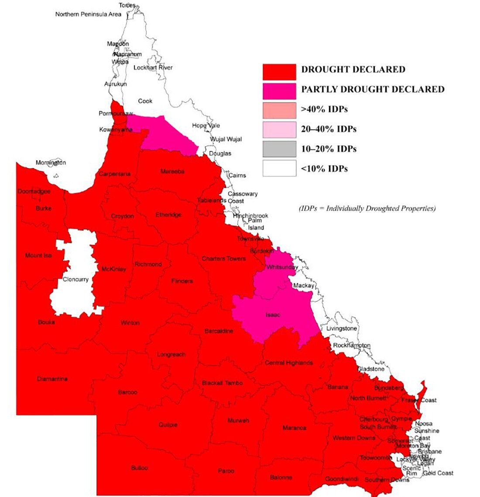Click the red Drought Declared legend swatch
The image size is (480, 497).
[279, 72]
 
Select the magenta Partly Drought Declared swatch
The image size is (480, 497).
[279, 91]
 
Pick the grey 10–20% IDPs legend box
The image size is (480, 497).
[279, 149]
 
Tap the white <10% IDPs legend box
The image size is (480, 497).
[279, 168]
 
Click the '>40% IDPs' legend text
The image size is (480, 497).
[324, 110]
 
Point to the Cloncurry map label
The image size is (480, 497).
[75, 279]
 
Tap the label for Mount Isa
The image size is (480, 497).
[38, 255]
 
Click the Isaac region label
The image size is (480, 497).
[273, 315]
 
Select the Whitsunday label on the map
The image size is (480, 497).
[282, 267]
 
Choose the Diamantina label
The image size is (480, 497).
[52, 379]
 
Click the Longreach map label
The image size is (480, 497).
[171, 355]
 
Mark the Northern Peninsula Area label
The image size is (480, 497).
[88, 14]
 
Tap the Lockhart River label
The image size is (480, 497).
[153, 68]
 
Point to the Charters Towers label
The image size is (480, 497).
[223, 259]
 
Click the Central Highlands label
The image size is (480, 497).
[289, 363]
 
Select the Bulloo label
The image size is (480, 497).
[140, 468]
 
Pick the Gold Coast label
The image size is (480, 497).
[438, 473]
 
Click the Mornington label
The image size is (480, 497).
[51, 163]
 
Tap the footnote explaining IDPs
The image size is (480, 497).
[367, 209]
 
